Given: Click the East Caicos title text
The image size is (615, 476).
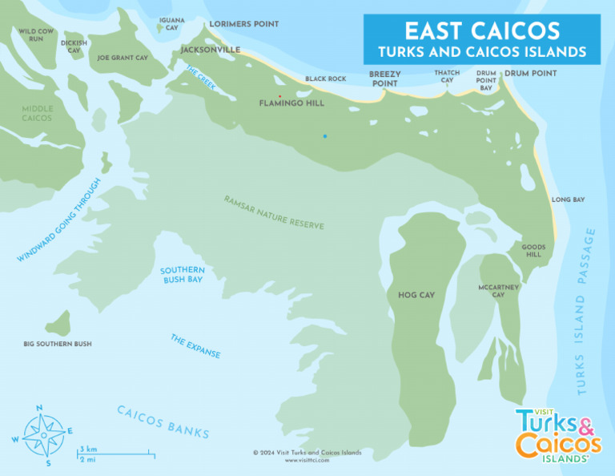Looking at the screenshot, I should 481,30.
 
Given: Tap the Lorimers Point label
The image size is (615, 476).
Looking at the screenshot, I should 244,24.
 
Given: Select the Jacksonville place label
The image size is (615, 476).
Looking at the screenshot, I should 211,50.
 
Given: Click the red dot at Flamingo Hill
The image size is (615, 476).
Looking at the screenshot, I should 279,96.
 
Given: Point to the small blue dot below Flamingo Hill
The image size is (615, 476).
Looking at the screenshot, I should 324,136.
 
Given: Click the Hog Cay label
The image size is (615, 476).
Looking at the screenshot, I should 416,295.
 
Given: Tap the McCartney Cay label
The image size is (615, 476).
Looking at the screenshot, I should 498,290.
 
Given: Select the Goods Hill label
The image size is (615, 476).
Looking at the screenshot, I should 533,251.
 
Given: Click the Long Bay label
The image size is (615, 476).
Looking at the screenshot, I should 568,200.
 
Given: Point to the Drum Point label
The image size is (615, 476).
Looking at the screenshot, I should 530,73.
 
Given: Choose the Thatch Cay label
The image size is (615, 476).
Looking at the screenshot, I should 447,76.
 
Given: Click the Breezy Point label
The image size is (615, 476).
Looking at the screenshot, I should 384,78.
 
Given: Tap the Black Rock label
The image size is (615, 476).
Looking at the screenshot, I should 325,79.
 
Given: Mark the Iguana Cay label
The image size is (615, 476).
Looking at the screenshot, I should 171,23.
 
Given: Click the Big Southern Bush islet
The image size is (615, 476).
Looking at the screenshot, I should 57,324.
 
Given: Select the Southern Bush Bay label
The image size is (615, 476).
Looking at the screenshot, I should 181,275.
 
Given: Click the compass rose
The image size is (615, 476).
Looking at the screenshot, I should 44,434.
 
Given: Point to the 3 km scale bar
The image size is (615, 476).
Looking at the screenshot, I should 116,454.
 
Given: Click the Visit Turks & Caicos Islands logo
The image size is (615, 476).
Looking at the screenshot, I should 558,434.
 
